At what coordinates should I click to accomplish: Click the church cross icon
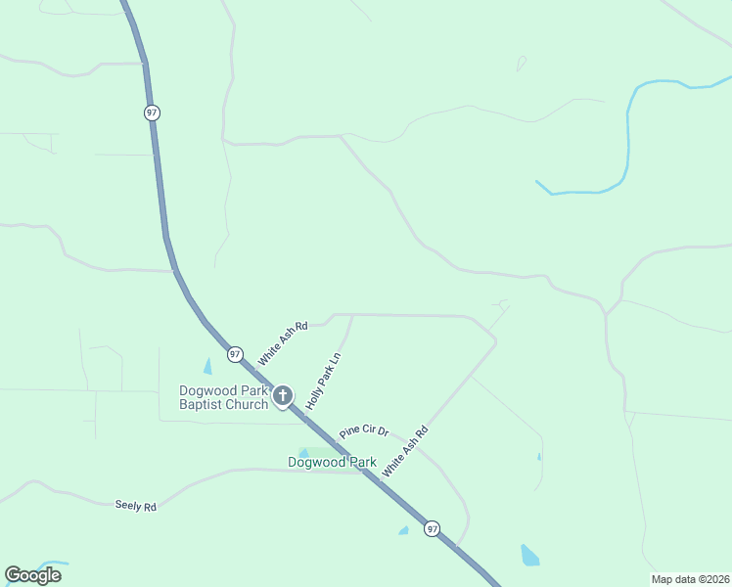coord(283,396)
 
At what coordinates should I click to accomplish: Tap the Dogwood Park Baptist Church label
coord(223,397)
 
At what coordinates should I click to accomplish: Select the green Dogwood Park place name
coord(332,462)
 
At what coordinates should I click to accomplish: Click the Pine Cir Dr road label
coord(364,430)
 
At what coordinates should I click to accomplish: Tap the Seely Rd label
coord(135,506)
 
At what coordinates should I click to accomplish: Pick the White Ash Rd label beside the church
coord(282,343)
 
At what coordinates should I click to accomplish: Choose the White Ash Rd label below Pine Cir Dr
coord(405,450)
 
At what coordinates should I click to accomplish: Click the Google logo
coord(32,575)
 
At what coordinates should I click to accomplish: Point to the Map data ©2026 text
coord(689,579)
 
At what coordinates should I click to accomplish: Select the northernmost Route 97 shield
coord(152,113)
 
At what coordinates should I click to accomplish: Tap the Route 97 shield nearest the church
coord(235,354)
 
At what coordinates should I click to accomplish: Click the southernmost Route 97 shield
coord(432,529)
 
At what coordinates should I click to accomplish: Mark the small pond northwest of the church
coord(207,367)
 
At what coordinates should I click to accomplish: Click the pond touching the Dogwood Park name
coord(304,453)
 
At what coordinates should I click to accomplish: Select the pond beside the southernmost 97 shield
coord(403,531)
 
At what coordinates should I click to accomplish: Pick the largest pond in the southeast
coord(529,556)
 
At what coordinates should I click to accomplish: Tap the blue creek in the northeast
coord(627,137)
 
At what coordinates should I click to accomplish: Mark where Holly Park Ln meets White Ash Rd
coord(352,315)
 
